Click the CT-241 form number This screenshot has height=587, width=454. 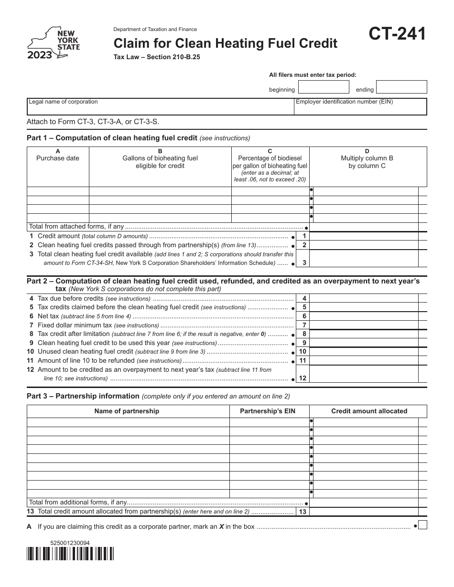[397, 35]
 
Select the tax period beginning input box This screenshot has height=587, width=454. [324, 87]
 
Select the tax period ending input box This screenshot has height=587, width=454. [401, 87]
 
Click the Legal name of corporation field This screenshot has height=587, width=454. [160, 107]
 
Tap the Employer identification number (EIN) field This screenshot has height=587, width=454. [360, 107]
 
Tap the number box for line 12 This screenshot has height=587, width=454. [303, 378]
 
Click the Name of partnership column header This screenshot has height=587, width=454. [127, 411]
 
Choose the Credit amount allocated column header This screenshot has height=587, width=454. [369, 411]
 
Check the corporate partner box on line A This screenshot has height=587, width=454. [422, 525]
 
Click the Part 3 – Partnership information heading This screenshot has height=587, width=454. [83, 396]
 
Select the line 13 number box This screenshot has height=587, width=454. [303, 512]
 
